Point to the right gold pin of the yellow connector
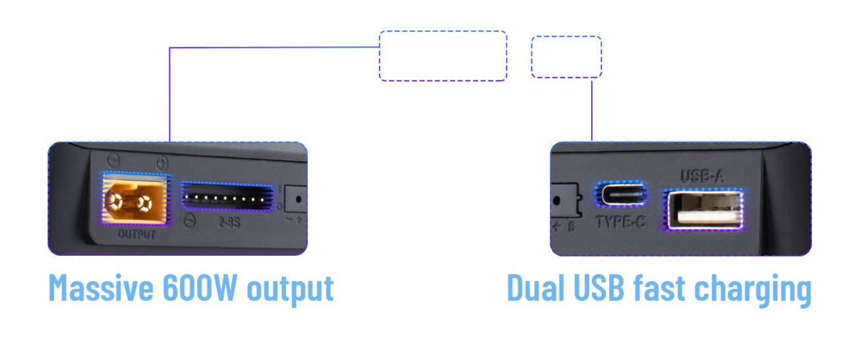point(143,201)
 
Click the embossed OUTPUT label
point(136,234)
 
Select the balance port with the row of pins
point(226,197)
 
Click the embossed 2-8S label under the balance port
point(228,224)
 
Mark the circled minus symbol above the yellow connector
point(113,160)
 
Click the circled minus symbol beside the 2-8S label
point(191,221)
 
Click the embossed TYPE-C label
point(620,222)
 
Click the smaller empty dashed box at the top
point(566,57)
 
